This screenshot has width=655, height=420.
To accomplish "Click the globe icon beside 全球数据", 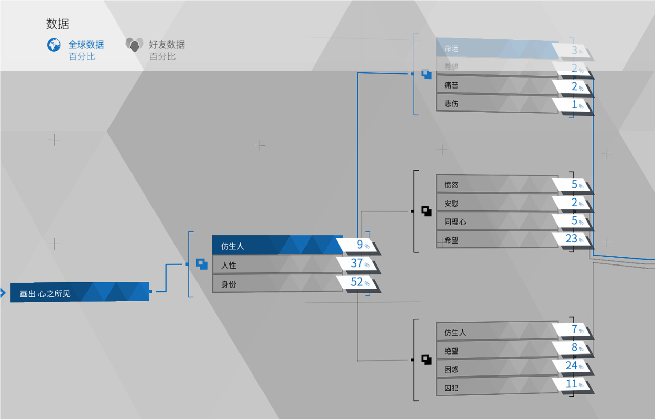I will tap(54, 45).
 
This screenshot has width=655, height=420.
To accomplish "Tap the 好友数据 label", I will tap(167, 45).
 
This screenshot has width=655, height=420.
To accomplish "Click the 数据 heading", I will tap(57, 24).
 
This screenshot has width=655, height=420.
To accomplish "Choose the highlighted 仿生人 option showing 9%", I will tap(277, 246).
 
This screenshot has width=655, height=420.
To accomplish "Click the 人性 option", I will tap(277, 265).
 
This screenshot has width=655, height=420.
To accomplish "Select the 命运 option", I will tap(494, 48).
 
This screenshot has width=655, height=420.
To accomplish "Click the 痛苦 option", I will tap(494, 85).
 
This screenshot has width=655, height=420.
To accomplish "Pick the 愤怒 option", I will tap(494, 185).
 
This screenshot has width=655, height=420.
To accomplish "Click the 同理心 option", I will tap(494, 222).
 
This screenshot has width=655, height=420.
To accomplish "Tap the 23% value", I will tap(574, 239).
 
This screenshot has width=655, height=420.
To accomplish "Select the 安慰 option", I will tap(494, 203).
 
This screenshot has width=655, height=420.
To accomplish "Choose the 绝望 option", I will tap(494, 351).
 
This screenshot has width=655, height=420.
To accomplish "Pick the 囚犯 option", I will tap(494, 388).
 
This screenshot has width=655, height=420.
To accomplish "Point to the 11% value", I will tap(574, 384).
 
